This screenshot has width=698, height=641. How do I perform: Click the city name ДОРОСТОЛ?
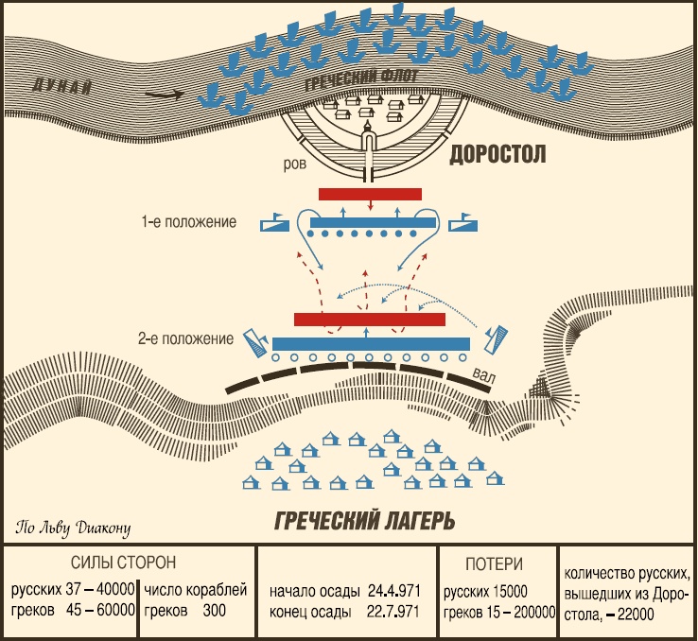pos(498,154)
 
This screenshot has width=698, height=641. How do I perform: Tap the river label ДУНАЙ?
pos(62,88)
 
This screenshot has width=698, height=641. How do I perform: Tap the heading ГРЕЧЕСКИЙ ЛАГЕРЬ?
pos(365,520)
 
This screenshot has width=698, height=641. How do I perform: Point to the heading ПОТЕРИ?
pos(494,564)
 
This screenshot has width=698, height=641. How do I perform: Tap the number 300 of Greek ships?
pos(213,612)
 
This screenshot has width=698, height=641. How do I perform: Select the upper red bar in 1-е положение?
pos(370,194)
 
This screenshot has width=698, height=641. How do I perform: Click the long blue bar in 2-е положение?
pos(371,341)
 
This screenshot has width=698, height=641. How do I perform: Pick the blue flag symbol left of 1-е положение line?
pos(272,223)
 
